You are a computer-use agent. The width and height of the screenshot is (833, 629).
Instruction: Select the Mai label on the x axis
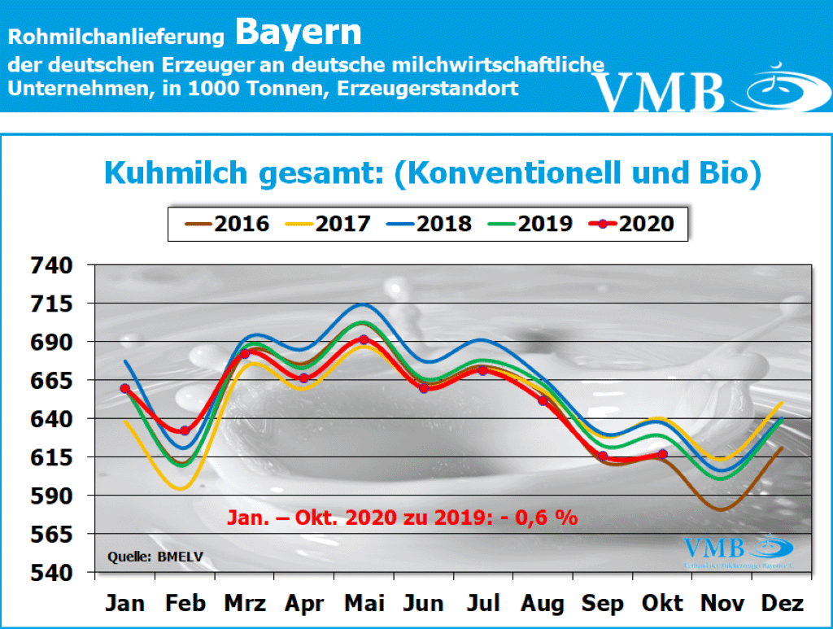(364, 604)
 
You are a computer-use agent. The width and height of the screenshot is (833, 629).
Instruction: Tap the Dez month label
(783, 604)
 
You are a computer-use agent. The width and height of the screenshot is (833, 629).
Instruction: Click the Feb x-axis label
(185, 604)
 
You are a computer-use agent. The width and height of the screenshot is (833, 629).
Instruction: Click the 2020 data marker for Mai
(364, 339)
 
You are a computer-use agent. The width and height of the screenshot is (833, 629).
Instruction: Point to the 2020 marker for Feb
(185, 430)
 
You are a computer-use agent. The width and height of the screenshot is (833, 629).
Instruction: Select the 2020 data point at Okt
(662, 454)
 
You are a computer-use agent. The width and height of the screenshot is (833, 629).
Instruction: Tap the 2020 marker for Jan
(125, 388)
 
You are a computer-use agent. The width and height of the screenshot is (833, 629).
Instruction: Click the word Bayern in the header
(299, 32)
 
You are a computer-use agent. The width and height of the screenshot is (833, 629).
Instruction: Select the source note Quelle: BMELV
(144, 557)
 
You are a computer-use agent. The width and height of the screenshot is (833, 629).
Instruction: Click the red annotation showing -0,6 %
(402, 518)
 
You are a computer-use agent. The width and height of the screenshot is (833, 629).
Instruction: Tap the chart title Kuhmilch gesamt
(432, 173)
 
